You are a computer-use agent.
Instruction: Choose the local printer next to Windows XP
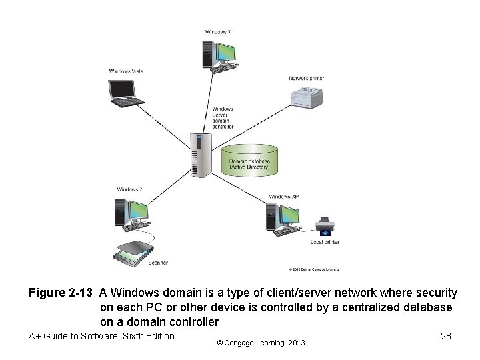(x=325, y=227)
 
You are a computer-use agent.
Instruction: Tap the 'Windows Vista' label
(x=127, y=71)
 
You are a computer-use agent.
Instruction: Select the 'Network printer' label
(x=306, y=78)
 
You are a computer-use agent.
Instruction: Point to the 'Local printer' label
(x=325, y=243)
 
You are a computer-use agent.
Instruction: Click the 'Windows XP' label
(x=284, y=197)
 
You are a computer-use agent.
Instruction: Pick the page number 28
(x=446, y=337)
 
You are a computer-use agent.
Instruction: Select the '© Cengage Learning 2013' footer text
(x=261, y=343)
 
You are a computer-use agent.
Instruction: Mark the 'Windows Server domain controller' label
(x=223, y=117)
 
